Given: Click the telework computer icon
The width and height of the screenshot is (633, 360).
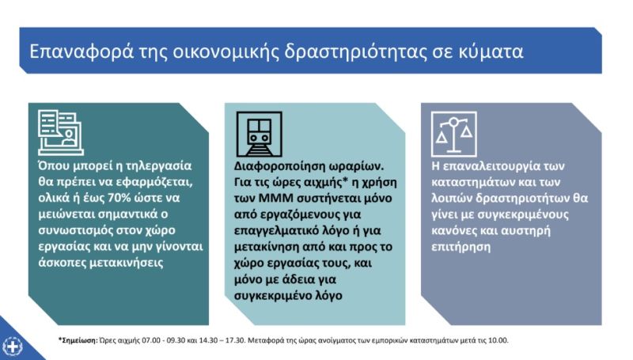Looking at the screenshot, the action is click(x=61, y=133).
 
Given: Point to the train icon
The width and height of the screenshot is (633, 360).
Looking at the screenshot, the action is click(x=260, y=135).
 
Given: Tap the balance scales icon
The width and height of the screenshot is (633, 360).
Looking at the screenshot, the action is click(x=454, y=135).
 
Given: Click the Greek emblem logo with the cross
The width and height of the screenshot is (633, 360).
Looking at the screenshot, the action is click(x=12, y=347).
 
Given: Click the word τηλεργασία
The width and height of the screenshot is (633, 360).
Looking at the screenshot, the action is click(x=159, y=166).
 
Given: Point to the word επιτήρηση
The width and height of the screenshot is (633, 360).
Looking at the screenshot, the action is click(x=461, y=247).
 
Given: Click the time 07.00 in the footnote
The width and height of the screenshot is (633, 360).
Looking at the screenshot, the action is click(x=150, y=340).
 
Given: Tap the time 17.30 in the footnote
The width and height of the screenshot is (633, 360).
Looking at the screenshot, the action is click(x=236, y=340).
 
